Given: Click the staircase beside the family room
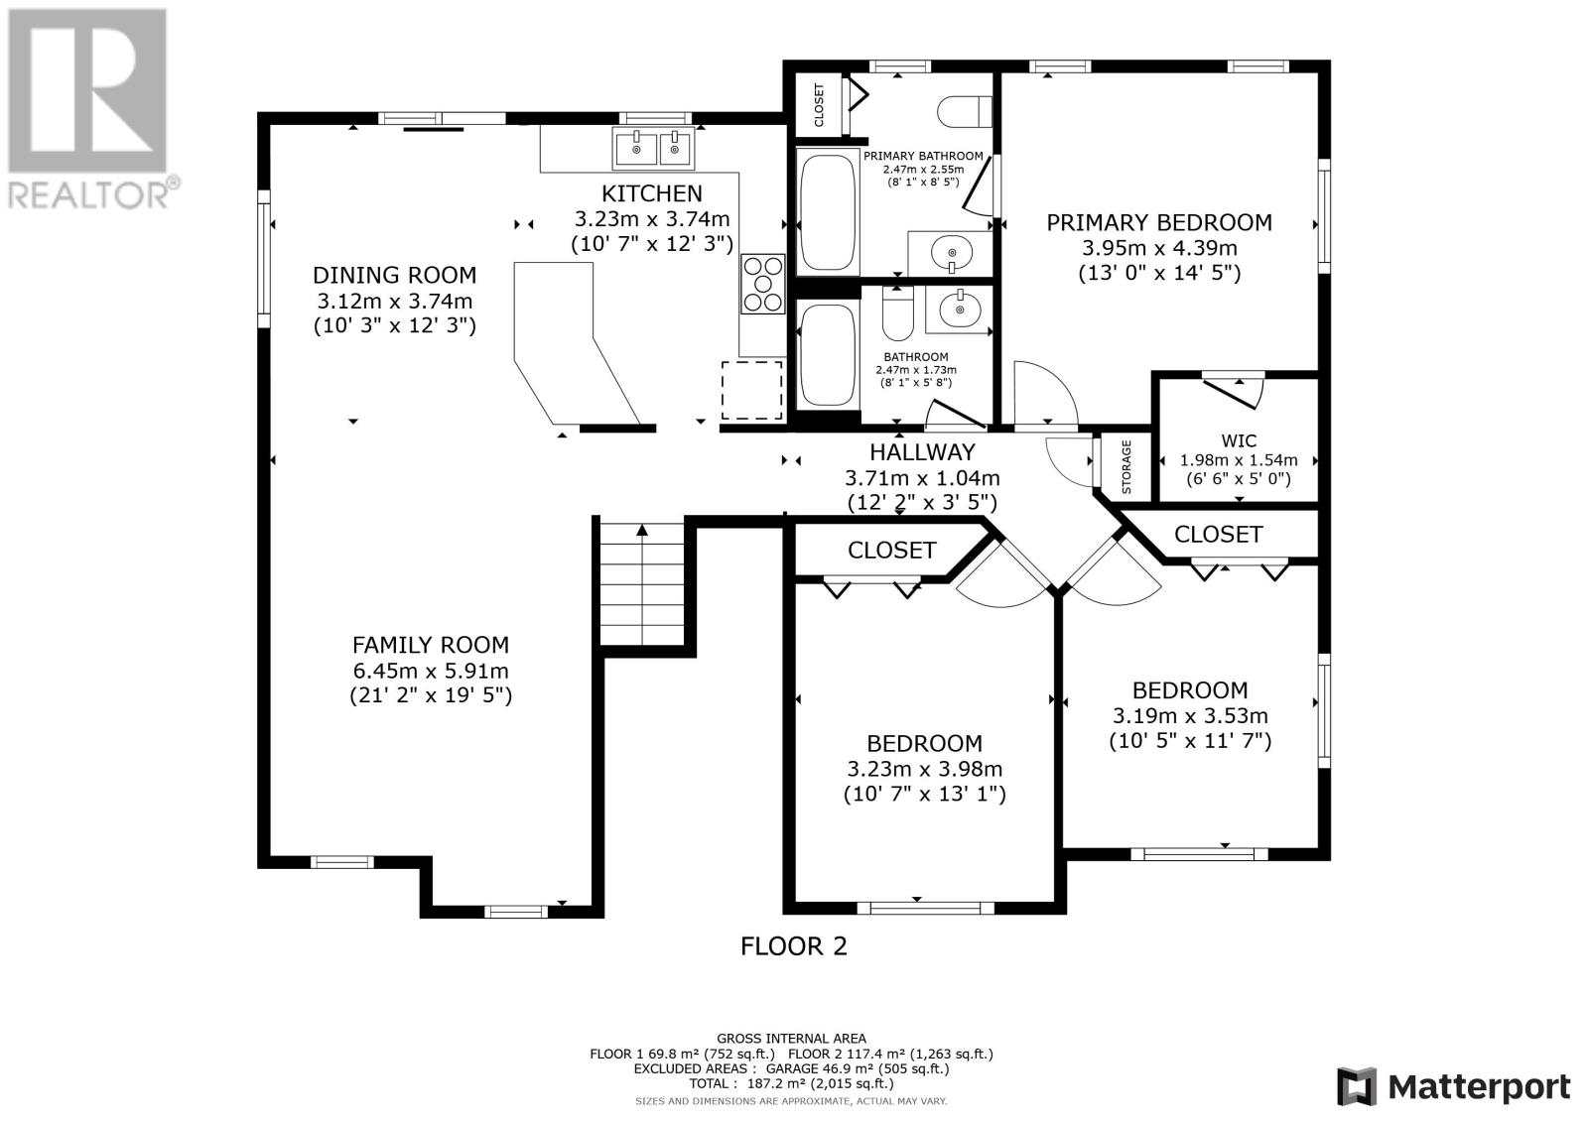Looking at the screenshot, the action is click(642, 584).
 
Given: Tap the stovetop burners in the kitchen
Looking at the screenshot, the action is click(763, 284).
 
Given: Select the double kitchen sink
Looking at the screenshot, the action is click(653, 149).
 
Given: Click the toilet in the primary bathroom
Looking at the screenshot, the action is click(964, 111).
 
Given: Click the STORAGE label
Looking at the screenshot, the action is click(1125, 466).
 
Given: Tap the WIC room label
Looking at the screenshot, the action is click(1240, 440).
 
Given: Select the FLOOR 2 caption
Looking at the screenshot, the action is click(793, 946).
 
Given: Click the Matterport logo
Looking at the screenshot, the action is click(1453, 1086).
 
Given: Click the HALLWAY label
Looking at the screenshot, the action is click(922, 452).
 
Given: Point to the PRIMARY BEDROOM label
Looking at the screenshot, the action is click(1159, 222).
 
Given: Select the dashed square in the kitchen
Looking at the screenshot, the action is click(752, 391).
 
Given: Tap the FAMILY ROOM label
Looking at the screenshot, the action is click(431, 645).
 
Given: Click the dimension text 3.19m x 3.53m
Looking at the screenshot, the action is click(1190, 716).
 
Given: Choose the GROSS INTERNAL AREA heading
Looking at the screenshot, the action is click(791, 1039).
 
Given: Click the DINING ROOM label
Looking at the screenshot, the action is click(394, 275).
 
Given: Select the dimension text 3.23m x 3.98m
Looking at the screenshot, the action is click(924, 769).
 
